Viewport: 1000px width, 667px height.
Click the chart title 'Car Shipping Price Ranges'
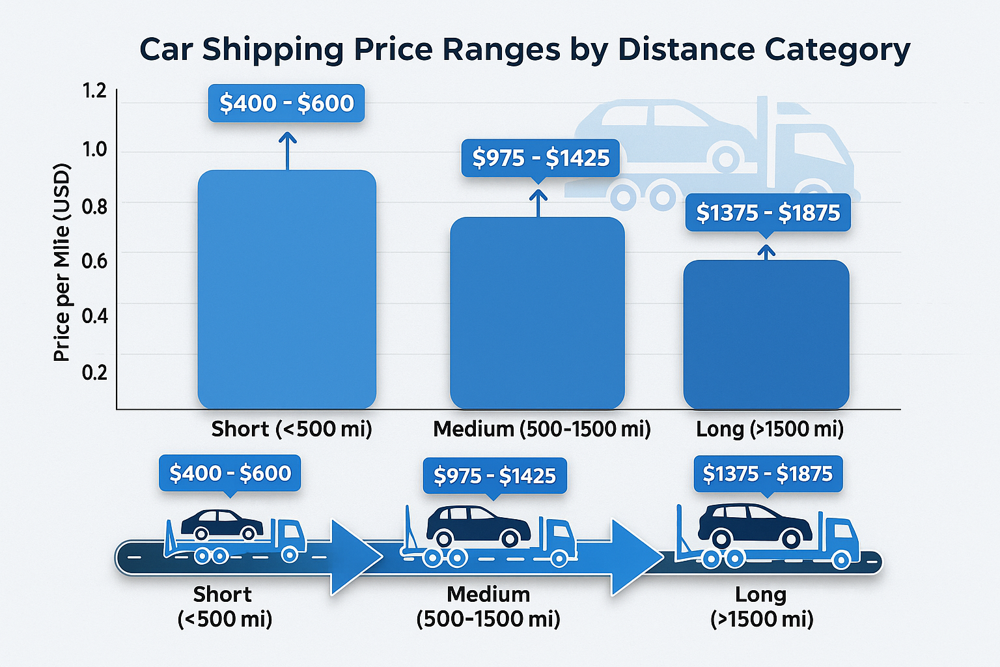[525, 50]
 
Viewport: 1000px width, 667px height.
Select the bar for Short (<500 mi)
[286, 290]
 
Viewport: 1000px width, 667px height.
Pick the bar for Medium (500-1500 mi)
[537, 313]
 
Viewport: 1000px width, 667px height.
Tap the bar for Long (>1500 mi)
[766, 334]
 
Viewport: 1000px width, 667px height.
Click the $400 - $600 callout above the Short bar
[286, 103]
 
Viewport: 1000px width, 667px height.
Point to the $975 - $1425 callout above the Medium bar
[540, 158]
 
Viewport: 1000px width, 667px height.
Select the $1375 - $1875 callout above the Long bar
[768, 212]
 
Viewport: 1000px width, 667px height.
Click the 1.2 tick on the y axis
[94, 91]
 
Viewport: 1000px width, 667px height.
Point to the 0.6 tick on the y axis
[94, 261]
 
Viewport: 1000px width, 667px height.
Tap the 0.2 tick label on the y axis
[94, 372]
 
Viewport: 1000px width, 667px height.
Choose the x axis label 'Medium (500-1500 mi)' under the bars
[542, 429]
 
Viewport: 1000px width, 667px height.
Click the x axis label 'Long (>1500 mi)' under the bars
[770, 429]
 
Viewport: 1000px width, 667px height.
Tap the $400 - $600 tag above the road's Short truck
[230, 473]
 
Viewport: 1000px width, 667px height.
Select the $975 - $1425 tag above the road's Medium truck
[495, 475]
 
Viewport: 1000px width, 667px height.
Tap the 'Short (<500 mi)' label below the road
[224, 606]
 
